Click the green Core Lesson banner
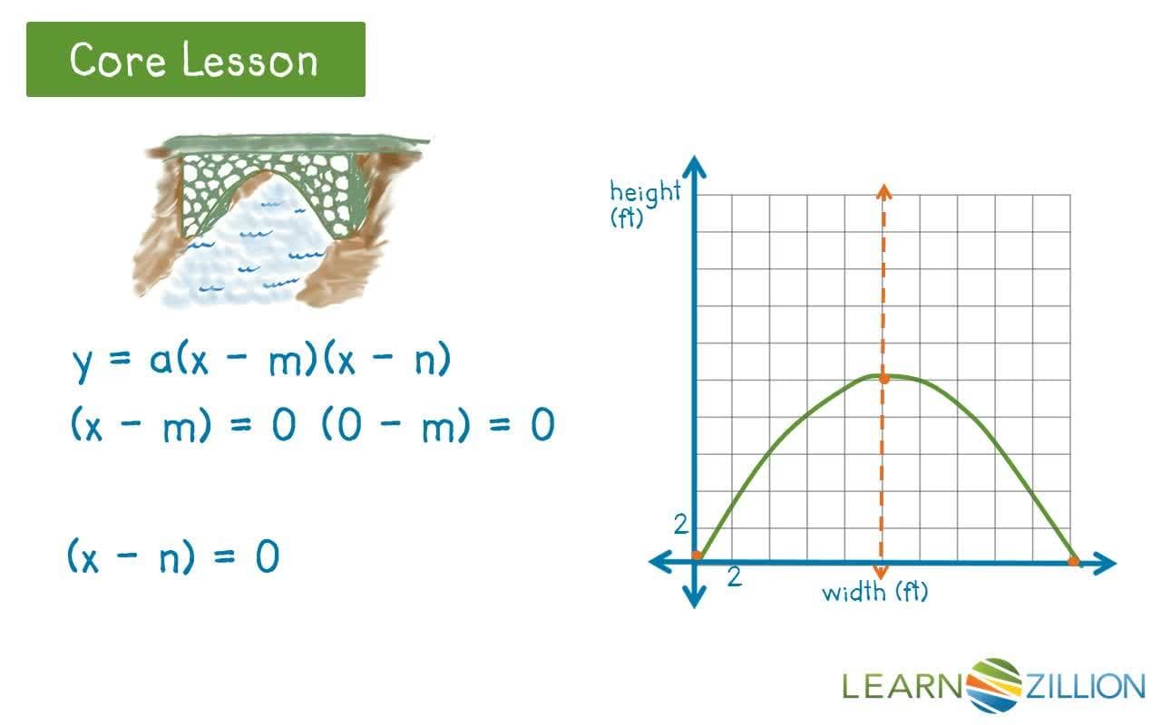195,60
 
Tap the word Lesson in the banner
249,61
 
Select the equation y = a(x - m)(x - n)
261,362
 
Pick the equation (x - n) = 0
173,556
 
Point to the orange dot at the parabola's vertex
884,377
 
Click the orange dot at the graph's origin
696,556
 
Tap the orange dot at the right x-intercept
1074,562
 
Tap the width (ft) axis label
875,593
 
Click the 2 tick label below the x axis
735,577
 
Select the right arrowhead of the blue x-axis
1106,563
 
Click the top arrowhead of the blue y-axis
695,168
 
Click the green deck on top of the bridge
290,144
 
